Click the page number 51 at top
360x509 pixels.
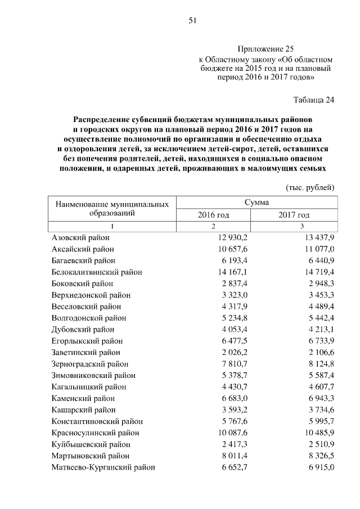coord(192,21)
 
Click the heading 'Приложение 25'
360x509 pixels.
coord(266,49)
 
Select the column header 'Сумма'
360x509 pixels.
coord(256,202)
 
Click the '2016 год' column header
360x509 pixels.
coord(213,215)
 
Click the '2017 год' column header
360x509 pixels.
coord(294,215)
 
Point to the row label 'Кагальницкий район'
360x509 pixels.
coord(89,387)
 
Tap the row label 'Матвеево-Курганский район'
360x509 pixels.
coord(103,467)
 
